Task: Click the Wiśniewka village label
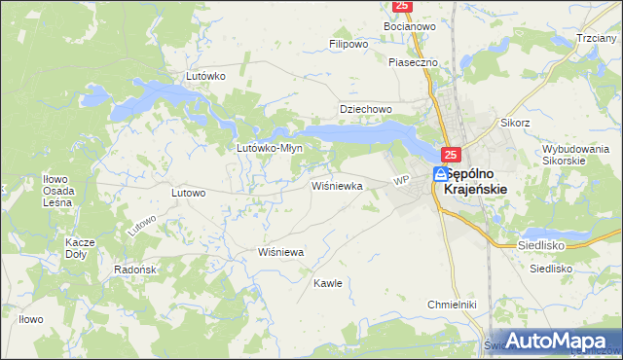pyautogui.click(x=337, y=185)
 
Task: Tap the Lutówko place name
pyautogui.click(x=205, y=75)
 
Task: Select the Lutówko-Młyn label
pyautogui.click(x=270, y=149)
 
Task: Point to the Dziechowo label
pyautogui.click(x=364, y=109)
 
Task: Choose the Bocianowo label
pyautogui.click(x=410, y=27)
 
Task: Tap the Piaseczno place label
pyautogui.click(x=414, y=62)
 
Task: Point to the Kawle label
pyautogui.click(x=327, y=283)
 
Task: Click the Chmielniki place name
pyautogui.click(x=451, y=305)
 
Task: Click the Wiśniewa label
pyautogui.click(x=281, y=252)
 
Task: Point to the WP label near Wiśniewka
pyautogui.click(x=400, y=181)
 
